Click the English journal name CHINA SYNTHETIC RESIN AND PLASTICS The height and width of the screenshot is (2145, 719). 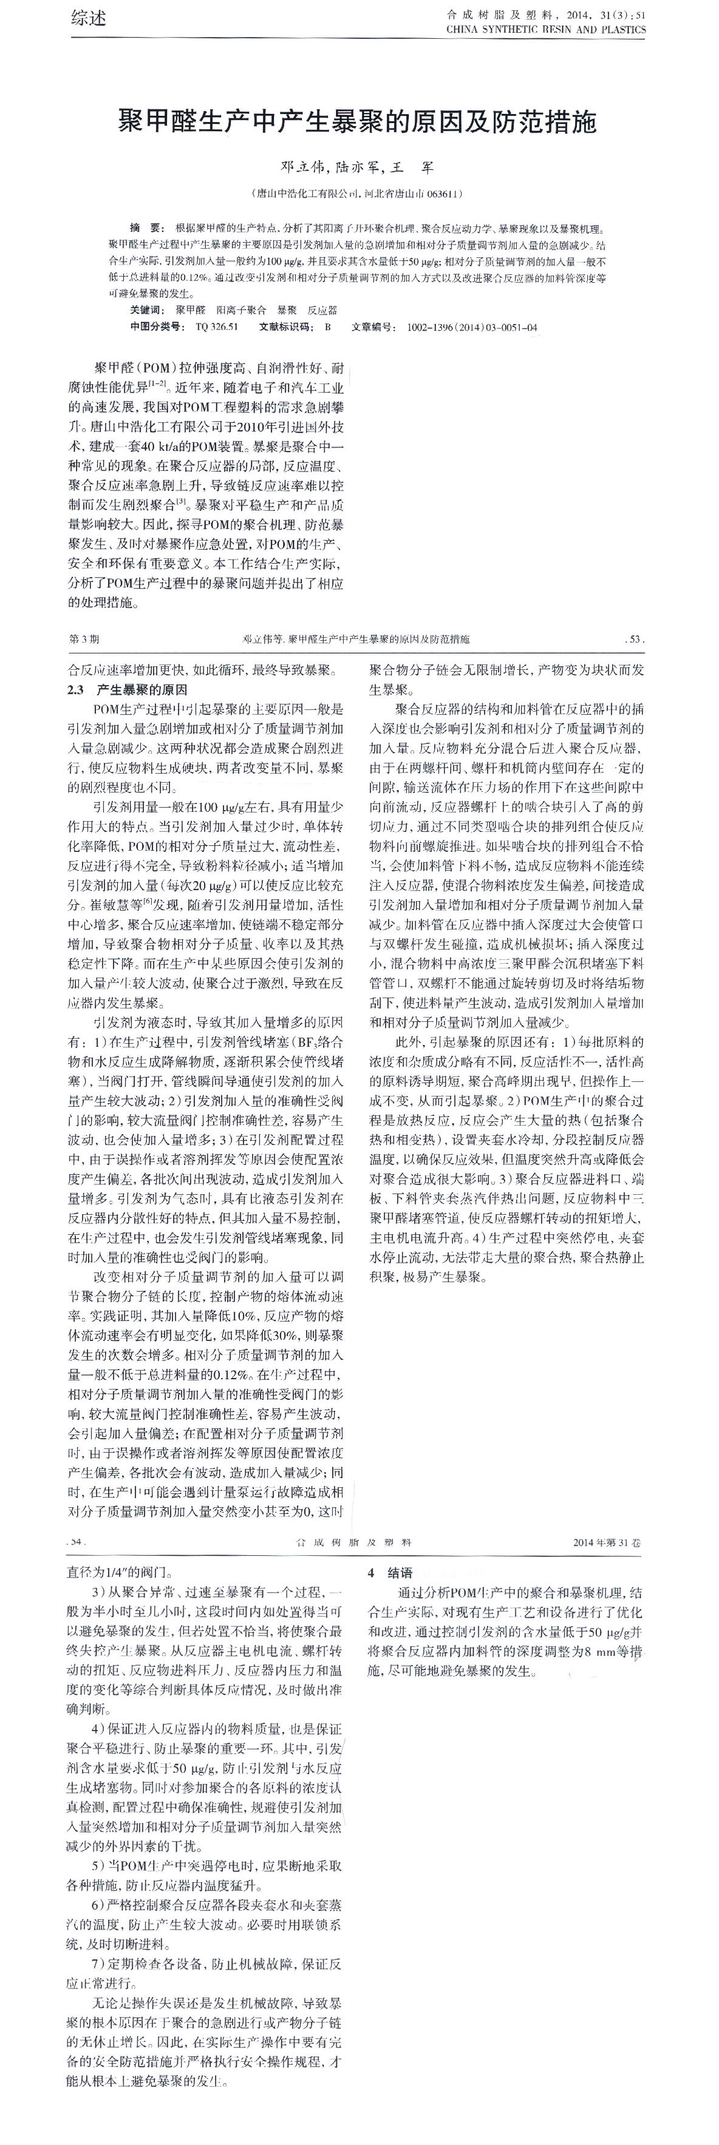point(546,29)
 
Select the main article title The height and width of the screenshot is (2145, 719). point(359,123)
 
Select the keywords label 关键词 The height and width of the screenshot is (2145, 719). point(148,309)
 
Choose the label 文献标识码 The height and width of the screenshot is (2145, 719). point(287,326)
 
